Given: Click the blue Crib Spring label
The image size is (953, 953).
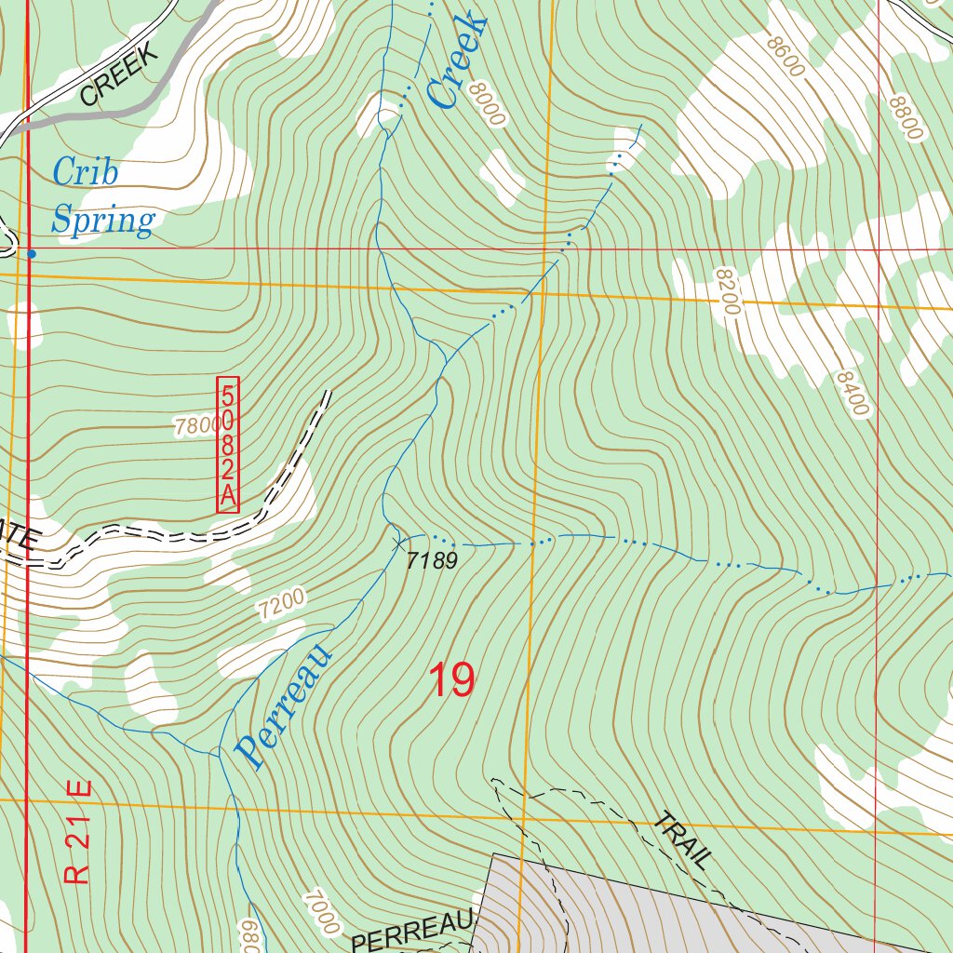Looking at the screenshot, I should pos(102,196).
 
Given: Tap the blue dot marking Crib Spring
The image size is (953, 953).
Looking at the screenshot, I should pos(32,253).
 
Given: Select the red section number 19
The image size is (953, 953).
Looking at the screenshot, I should pos(451,680).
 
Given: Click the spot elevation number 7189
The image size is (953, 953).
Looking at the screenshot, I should pos(433,560).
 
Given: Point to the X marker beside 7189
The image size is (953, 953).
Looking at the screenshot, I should pos(399,541).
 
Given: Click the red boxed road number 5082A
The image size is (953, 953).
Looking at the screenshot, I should pos(228,444).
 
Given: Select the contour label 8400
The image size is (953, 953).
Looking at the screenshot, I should pos(852,394).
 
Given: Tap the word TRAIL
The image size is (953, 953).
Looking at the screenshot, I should pos(683,840).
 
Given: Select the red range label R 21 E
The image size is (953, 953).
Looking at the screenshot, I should pos(79,831).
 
